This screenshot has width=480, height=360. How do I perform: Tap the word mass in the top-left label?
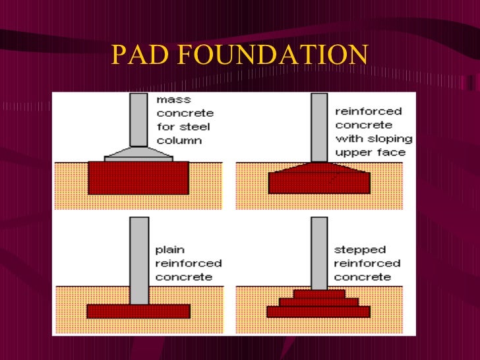click(173, 100)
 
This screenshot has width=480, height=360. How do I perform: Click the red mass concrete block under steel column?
click(138, 178)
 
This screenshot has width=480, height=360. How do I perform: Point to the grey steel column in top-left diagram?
click(138, 119)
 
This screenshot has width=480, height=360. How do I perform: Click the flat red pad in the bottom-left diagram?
click(138, 311)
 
